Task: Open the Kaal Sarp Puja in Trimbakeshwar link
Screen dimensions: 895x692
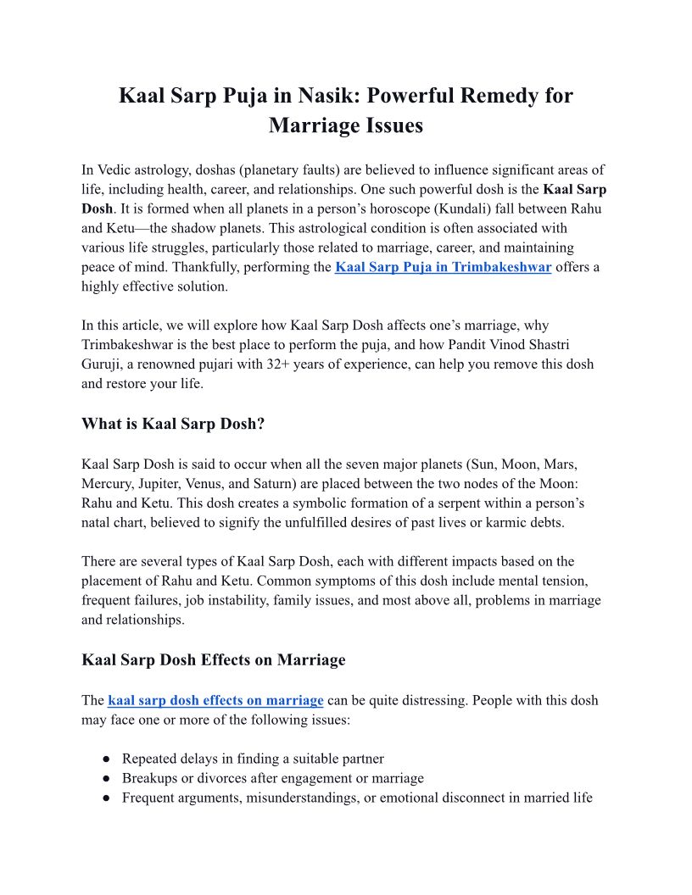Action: tap(444, 268)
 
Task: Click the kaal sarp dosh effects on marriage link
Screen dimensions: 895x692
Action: tap(215, 701)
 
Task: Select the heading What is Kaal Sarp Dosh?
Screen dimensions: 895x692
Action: tap(173, 424)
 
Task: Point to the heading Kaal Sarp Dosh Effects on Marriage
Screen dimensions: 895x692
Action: tap(213, 660)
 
